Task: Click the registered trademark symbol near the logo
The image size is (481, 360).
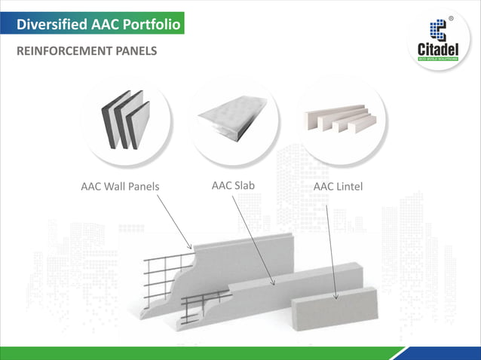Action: point(451,18)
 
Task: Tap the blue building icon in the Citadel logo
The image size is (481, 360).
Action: point(437,30)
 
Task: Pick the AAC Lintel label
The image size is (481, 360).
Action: point(338,186)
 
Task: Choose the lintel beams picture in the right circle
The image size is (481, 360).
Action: point(339,118)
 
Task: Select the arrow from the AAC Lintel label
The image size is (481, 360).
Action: point(332,249)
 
